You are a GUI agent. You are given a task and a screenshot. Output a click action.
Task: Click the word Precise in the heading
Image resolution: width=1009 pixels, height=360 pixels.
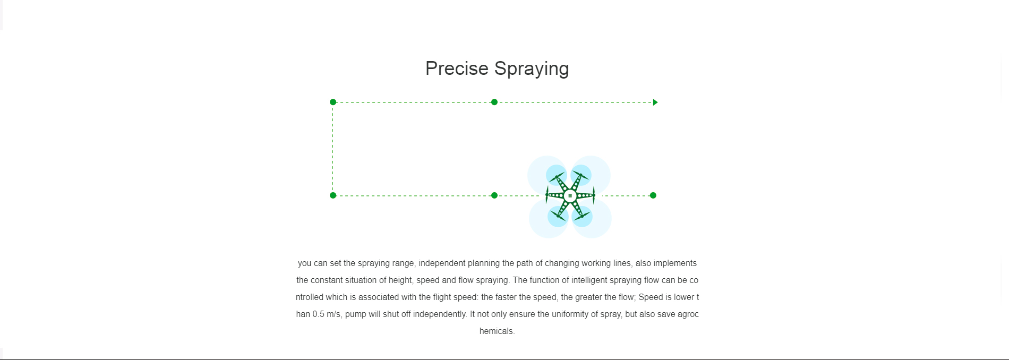[x=457, y=68]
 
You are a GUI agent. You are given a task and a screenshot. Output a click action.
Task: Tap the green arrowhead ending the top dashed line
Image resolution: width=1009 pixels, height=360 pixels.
[x=655, y=102]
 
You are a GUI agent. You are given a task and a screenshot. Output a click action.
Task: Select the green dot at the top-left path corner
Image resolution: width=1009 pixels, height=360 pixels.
[x=333, y=102]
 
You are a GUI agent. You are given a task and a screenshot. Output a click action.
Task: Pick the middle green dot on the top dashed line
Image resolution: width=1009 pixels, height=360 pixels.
[x=494, y=102]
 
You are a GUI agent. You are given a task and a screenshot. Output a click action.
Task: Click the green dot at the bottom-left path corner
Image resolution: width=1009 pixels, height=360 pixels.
[x=333, y=195]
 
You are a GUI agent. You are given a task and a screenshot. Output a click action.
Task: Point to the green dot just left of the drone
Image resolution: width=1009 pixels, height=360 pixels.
[x=494, y=195]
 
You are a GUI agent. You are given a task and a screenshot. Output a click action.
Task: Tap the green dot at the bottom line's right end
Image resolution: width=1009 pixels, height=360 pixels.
[x=653, y=195]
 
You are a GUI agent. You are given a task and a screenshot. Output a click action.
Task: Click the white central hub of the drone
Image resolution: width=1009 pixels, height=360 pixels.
[x=570, y=195]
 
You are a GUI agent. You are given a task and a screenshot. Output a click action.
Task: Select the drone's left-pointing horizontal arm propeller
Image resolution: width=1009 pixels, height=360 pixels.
[x=547, y=195]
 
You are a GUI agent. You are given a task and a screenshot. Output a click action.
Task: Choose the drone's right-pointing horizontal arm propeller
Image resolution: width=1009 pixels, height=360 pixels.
[x=594, y=195]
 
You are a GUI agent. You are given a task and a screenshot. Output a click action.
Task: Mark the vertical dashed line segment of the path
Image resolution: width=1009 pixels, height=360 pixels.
[x=332, y=149]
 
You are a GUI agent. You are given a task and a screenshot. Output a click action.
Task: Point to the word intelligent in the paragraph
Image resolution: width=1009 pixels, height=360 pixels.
[x=589, y=280]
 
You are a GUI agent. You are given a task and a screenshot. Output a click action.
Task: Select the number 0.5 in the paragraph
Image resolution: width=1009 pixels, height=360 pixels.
[x=319, y=314]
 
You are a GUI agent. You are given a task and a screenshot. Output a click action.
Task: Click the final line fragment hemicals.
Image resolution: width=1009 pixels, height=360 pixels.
[x=497, y=331]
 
